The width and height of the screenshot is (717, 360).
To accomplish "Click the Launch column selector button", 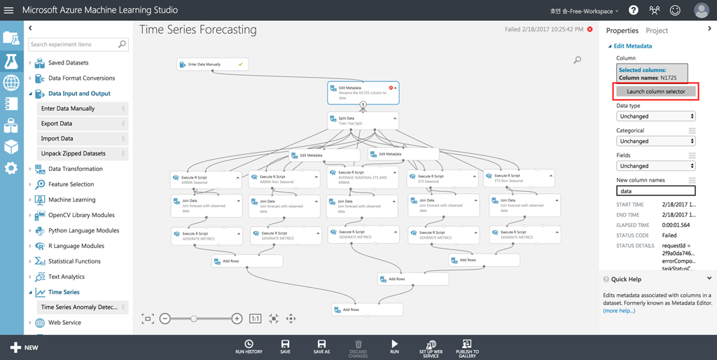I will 656,92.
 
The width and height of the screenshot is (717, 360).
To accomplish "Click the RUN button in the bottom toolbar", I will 394,347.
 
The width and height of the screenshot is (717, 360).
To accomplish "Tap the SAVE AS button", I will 321,347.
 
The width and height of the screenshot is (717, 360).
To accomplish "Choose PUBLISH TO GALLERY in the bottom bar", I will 467,347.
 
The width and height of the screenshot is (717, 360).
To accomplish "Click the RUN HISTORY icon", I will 249,347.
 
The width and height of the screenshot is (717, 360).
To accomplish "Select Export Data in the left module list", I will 57,123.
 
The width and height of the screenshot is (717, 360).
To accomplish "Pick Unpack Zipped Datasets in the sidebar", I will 74,153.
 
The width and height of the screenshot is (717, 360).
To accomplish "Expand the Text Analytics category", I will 67,277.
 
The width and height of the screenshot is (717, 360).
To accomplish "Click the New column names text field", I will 655,191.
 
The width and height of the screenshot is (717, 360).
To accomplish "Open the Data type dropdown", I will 655,116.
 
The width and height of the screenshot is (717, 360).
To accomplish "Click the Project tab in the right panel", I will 657,31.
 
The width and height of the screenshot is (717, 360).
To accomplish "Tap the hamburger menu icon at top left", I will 9,11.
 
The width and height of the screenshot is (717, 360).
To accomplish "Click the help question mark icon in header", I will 634,11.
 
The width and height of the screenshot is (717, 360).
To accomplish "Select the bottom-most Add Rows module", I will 367,310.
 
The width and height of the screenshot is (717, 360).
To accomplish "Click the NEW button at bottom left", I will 24,347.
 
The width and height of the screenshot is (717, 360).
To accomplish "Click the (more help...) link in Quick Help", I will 619,310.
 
